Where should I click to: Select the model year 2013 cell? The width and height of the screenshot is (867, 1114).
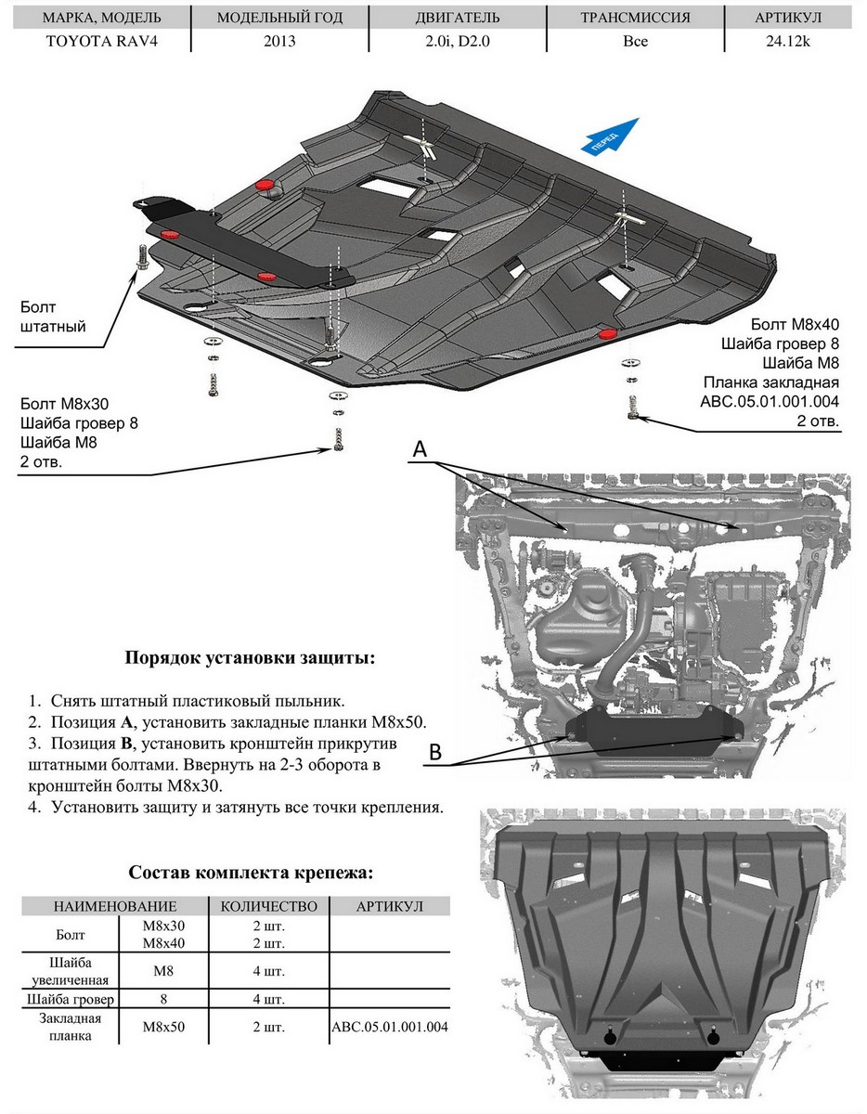click(x=279, y=42)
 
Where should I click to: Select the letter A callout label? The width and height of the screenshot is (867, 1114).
click(x=420, y=448)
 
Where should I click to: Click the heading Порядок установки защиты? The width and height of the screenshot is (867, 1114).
click(x=251, y=658)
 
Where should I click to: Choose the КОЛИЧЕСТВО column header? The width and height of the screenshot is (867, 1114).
click(x=269, y=906)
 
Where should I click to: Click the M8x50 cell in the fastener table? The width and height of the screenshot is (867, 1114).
click(x=164, y=1028)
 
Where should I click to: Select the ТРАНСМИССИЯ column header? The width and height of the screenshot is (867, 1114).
click(x=635, y=18)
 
